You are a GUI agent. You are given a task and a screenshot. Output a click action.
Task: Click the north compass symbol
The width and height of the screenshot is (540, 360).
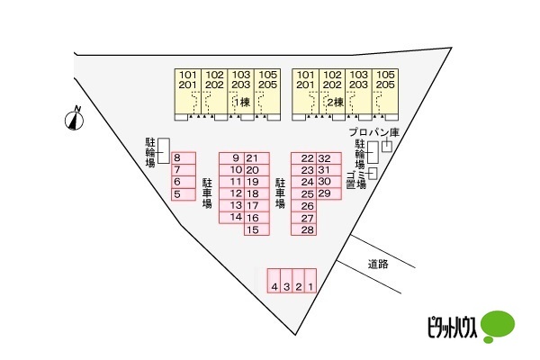[74, 120]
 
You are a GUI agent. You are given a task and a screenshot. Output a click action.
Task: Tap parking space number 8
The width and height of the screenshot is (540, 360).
[184, 158]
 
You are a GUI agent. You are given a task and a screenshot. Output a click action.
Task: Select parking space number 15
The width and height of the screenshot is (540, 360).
[256, 229]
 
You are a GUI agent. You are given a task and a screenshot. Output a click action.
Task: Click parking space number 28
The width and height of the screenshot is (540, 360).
[304, 229]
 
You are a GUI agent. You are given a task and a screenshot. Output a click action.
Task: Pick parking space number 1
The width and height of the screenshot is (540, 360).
[310, 281]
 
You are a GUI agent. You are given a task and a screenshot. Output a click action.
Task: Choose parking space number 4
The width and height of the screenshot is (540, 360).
[274, 281]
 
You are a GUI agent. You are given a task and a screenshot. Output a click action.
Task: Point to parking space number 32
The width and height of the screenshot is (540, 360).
[328, 158]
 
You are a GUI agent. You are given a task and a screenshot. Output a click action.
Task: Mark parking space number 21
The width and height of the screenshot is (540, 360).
[256, 158]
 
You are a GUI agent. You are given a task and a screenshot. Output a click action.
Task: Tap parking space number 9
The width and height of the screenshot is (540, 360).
[232, 158]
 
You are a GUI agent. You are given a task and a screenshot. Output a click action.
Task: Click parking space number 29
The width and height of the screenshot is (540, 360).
[328, 193]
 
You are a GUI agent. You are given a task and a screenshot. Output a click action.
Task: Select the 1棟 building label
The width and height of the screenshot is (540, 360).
[242, 103]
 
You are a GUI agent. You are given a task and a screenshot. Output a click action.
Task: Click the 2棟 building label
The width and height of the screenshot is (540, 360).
[335, 103]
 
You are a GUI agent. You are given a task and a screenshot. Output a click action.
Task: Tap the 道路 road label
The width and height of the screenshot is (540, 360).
[378, 265]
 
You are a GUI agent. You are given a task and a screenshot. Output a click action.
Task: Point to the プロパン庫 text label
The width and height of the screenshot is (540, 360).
[374, 132]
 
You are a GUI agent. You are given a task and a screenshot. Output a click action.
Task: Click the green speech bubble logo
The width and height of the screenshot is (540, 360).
[498, 326]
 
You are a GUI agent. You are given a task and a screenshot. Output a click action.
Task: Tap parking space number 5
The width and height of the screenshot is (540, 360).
[184, 194]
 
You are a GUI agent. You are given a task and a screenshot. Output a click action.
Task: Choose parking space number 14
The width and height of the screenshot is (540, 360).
[232, 218]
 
